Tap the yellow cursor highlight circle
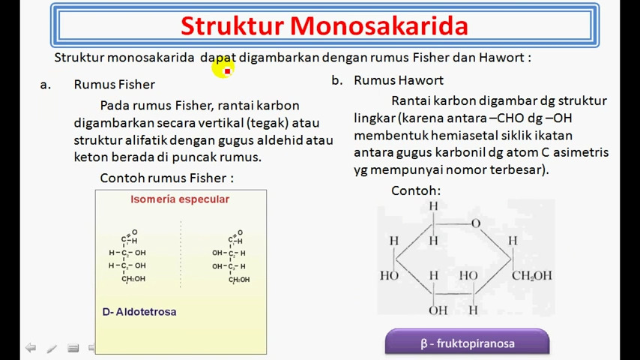(x=223, y=69)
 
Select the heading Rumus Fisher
(x=114, y=85)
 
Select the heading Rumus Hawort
(x=399, y=80)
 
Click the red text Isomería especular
(x=180, y=199)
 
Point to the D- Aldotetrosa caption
(x=139, y=311)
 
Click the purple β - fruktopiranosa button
(x=467, y=343)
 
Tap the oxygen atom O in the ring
(x=475, y=223)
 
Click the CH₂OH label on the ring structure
(x=531, y=275)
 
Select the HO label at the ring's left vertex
(x=389, y=275)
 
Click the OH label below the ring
(x=438, y=310)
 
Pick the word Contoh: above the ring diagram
(x=416, y=190)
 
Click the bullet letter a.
(x=46, y=85)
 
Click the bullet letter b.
(x=337, y=80)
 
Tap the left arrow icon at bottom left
(x=30, y=348)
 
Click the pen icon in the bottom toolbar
(x=52, y=348)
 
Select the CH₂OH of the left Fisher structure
(x=134, y=279)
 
